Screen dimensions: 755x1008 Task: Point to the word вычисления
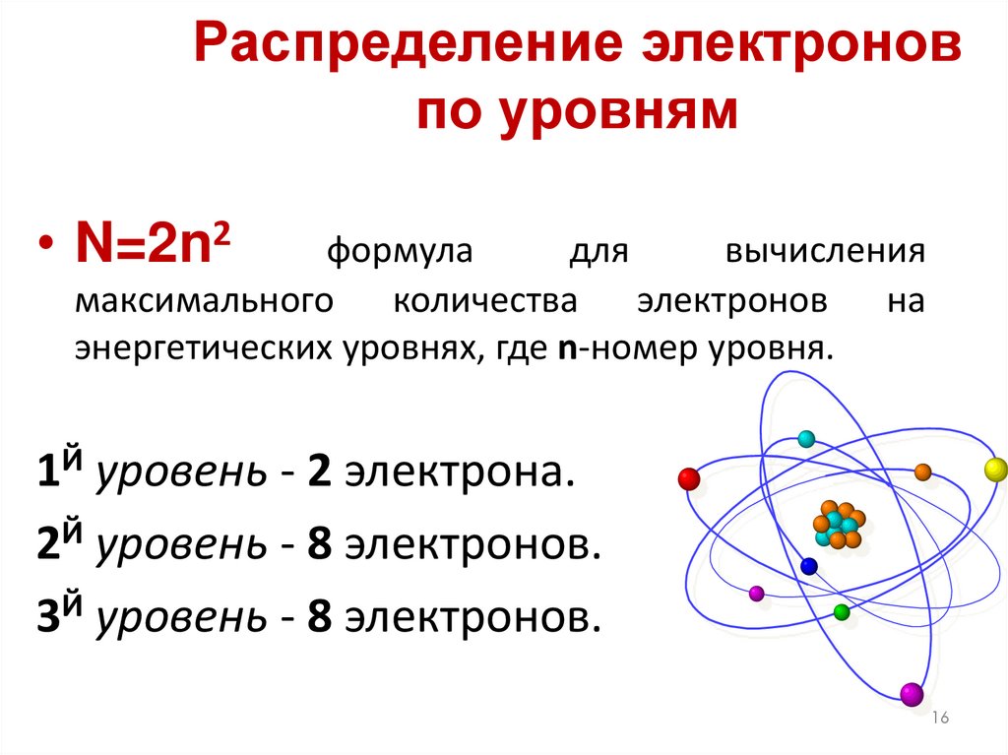coord(825,252)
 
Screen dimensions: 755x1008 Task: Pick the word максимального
coord(200,300)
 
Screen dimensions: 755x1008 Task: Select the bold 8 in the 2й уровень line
coord(318,544)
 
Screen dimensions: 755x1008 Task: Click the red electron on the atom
coord(689,479)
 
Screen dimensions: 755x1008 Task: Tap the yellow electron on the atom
coord(993,468)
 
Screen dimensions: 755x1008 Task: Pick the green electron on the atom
coord(841,612)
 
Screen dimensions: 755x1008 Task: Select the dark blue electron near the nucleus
coord(809,566)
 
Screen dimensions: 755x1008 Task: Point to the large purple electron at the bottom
coord(912,694)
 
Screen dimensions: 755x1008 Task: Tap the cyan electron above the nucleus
coord(806,439)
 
